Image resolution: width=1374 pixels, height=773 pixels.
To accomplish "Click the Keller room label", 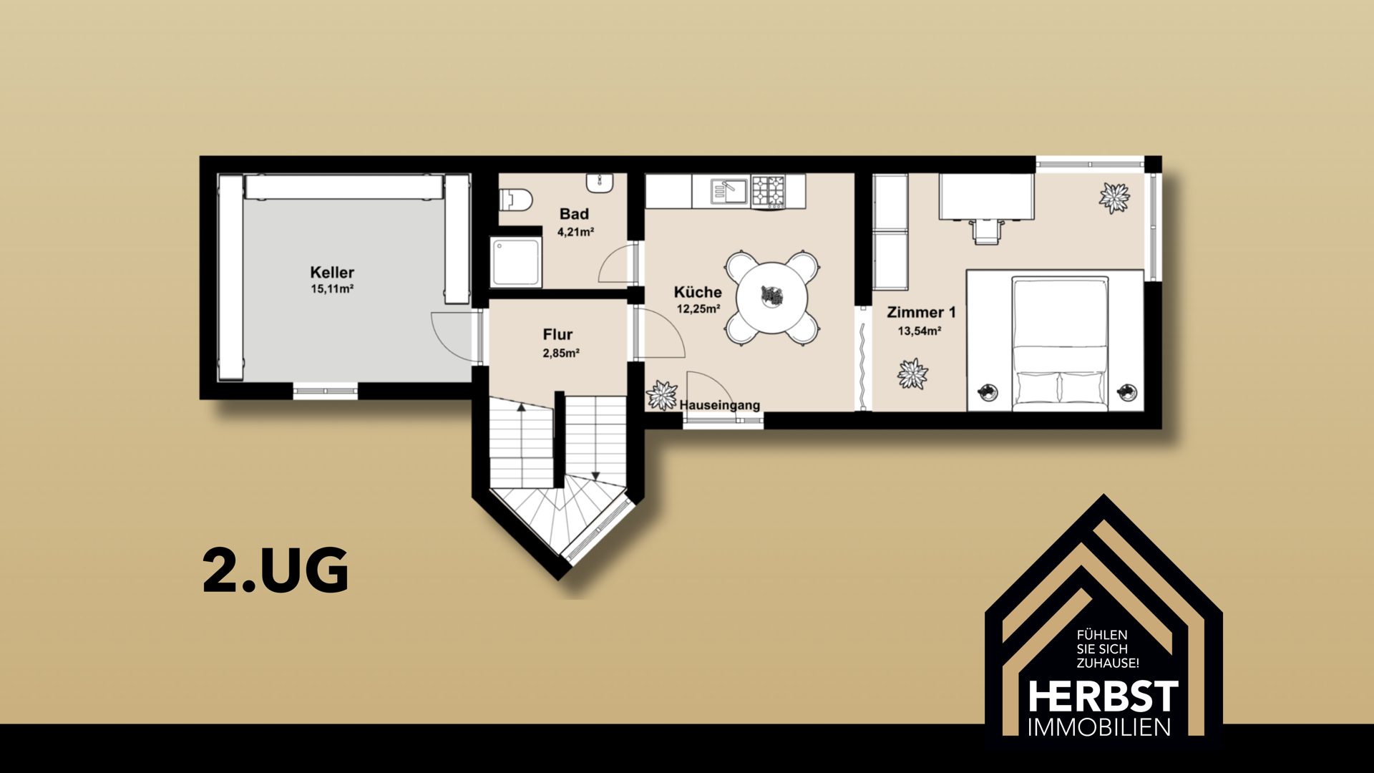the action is tap(332, 273).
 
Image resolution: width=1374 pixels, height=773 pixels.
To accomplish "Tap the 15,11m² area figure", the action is tap(332, 289).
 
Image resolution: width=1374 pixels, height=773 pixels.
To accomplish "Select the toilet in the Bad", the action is tap(515, 198).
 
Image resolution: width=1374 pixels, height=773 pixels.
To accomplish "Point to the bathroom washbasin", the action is tap(599, 183).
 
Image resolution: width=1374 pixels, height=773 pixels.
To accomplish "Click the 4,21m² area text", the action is tap(575, 232).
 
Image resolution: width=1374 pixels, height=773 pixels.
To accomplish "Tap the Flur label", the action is tap(557, 334).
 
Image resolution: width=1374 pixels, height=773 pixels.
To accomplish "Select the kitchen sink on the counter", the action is tap(729, 190).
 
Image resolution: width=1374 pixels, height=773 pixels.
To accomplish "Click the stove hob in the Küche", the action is tap(768, 191).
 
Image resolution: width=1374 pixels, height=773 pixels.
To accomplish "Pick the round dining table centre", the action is tap(772, 296).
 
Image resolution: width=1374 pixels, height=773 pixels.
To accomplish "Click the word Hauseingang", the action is tap(719, 405).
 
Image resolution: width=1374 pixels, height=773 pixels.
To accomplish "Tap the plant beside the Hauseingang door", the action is tap(662, 395).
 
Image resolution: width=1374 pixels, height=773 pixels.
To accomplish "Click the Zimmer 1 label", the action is tap(921, 312).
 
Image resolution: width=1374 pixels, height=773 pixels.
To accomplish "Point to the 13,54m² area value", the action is tap(920, 331).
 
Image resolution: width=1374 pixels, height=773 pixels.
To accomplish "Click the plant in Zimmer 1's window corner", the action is tap(1114, 198).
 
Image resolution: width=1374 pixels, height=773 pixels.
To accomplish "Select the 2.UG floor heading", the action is tap(276, 570).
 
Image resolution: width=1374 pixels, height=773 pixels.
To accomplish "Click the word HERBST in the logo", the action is tap(1103, 696).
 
